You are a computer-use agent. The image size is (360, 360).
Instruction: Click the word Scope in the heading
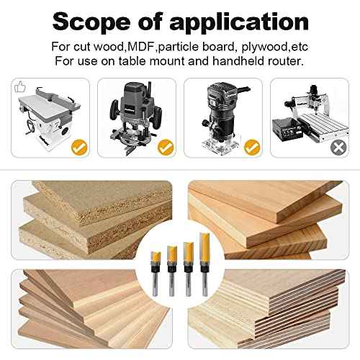pyautogui.click(x=91, y=22)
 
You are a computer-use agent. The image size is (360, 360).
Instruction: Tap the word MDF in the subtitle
pyautogui.click(x=141, y=46)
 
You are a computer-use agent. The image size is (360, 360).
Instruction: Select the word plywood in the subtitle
pyautogui.click(x=264, y=48)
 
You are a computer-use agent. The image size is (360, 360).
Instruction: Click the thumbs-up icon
pyautogui.click(x=20, y=86)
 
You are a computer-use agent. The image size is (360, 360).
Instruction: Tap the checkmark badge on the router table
pyautogui.click(x=79, y=148)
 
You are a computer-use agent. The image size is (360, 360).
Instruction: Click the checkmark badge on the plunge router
pyautogui.click(x=166, y=148)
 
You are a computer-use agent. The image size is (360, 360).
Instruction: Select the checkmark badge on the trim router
pyautogui.click(x=252, y=148)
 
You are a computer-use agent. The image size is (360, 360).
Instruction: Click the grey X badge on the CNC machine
pyautogui.click(x=338, y=148)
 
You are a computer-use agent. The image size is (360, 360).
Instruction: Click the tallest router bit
pyautogui.click(x=204, y=264)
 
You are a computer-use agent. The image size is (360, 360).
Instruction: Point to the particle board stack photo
pyautogui.click(x=91, y=220)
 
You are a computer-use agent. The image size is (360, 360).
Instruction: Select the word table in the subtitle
pyautogui.click(x=132, y=61)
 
